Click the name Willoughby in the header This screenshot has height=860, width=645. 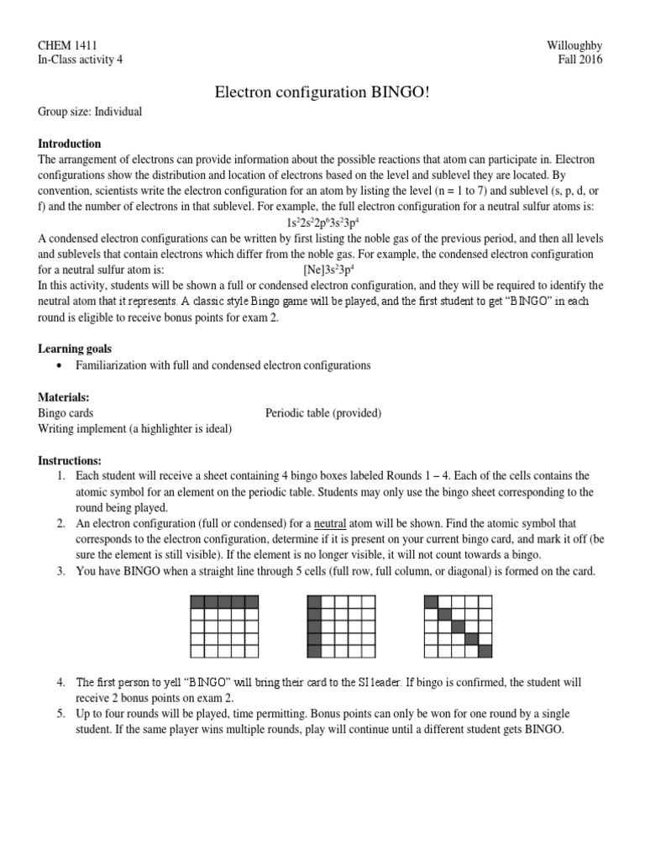[x=574, y=45]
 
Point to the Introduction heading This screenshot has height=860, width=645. [x=70, y=144]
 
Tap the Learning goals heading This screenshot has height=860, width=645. [x=75, y=348]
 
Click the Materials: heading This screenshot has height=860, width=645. [x=64, y=396]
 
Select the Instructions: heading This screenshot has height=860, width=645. [x=70, y=461]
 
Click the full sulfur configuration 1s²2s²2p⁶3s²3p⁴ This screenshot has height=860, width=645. [x=322, y=223]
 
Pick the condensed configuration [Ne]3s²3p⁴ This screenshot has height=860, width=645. [x=334, y=270]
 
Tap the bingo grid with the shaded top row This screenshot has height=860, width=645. [x=224, y=625]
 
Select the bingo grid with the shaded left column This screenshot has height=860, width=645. [x=341, y=625]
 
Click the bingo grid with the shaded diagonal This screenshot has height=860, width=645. [x=457, y=625]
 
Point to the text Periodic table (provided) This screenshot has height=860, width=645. [x=323, y=412]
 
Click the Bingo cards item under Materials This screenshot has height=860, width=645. [x=66, y=412]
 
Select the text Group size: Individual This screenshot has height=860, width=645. [x=90, y=111]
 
